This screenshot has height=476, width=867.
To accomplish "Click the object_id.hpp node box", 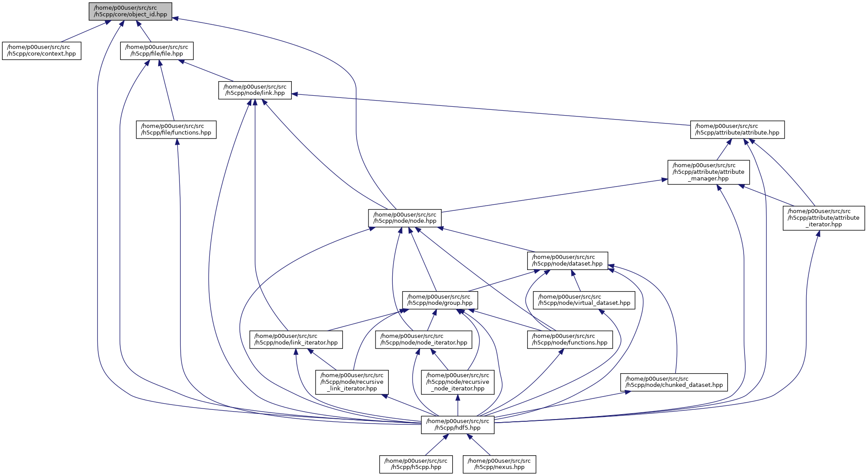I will click(x=130, y=11).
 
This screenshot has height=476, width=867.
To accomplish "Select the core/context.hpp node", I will click(x=41, y=51).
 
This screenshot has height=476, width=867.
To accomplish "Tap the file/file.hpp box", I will click(x=156, y=51).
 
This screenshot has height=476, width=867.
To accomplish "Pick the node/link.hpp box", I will click(x=255, y=90).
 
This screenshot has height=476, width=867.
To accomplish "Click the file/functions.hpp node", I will click(x=176, y=129).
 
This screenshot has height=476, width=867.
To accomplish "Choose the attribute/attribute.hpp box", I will click(x=737, y=129).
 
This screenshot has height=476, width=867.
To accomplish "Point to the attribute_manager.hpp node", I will click(x=708, y=172).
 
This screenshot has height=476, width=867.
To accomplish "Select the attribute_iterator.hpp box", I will click(x=823, y=218).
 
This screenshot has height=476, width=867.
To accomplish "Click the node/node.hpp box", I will click(x=405, y=218).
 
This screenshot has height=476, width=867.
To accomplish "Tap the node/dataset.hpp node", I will click(x=567, y=260).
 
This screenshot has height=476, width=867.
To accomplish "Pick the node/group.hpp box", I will click(x=440, y=300).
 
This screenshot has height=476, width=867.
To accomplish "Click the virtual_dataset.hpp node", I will click(x=584, y=300).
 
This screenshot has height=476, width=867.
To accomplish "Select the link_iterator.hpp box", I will click(x=296, y=339).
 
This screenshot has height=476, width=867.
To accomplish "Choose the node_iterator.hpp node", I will click(x=424, y=339).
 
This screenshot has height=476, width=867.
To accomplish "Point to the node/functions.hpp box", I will click(x=569, y=339).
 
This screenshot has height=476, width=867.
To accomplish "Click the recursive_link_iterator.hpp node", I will click(x=352, y=382).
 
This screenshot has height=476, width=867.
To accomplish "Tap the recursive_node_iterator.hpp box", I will click(x=458, y=382).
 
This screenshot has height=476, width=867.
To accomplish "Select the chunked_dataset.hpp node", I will click(x=674, y=382).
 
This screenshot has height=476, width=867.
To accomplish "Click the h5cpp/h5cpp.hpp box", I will click(x=416, y=464).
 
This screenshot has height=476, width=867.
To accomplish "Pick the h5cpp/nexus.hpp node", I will click(x=499, y=464).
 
